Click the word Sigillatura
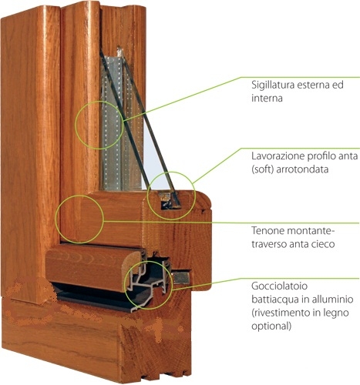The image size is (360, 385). click(x=273, y=85)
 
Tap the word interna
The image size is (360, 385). click(x=267, y=99)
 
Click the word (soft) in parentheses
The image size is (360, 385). click(x=262, y=169)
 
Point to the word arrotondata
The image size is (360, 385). click(x=302, y=169)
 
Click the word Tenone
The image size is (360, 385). click(x=267, y=230)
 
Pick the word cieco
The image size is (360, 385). click(x=323, y=244)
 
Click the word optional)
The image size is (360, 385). click(x=271, y=326)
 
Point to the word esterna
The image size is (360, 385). click(x=313, y=85)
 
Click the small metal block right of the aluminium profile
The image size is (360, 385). click(x=182, y=278)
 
